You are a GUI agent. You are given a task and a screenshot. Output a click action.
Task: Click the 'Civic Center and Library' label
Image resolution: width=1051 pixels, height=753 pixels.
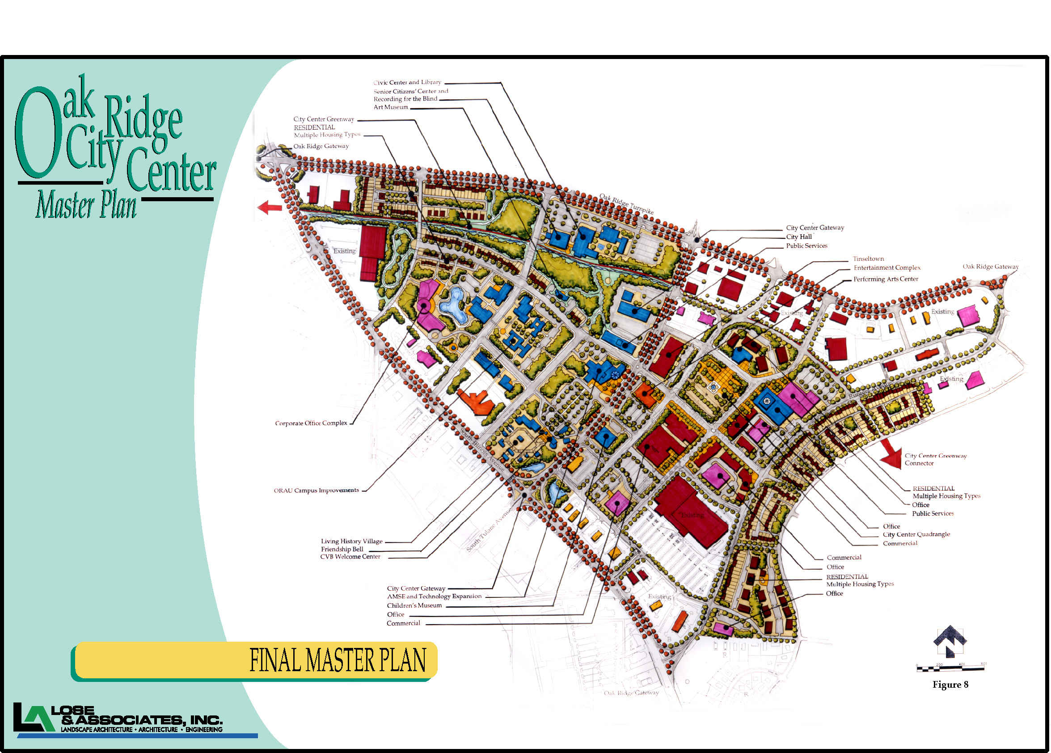click(407, 82)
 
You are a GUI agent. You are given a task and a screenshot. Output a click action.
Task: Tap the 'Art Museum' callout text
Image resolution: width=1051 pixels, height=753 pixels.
click(391, 107)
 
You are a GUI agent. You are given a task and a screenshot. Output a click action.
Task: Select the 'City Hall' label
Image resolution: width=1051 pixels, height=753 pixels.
click(799, 237)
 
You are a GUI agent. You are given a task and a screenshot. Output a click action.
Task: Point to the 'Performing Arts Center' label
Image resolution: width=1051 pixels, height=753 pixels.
click(886, 279)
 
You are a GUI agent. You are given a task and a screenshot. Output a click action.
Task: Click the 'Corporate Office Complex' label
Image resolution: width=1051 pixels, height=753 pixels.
click(311, 423)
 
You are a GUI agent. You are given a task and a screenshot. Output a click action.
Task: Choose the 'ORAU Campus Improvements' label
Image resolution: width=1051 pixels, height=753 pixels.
click(316, 490)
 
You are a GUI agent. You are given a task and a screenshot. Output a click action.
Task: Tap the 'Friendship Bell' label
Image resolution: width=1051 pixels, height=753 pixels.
click(342, 549)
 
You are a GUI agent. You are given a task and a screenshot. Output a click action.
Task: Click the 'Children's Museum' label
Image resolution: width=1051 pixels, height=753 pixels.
click(414, 605)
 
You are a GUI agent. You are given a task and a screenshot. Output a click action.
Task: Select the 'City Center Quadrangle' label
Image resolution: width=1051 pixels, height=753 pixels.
click(916, 534)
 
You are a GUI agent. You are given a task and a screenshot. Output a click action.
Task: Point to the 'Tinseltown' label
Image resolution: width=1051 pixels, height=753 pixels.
click(869, 258)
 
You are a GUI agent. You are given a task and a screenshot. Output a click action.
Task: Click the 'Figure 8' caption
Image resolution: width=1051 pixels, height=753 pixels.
click(950, 685)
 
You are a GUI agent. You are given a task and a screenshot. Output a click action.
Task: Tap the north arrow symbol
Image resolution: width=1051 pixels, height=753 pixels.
click(950, 641)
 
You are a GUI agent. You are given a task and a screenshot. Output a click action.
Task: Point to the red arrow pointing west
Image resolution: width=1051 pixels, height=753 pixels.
click(270, 207)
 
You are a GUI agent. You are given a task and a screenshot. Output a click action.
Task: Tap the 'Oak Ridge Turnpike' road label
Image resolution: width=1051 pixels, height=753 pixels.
click(626, 204)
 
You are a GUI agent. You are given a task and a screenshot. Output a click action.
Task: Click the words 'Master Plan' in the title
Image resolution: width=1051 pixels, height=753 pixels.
click(86, 205)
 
